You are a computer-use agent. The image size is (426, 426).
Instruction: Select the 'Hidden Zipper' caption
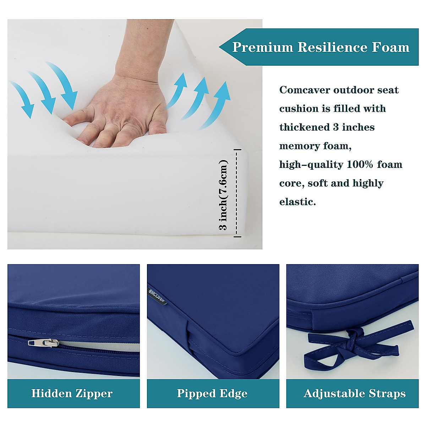pyautogui.click(x=72, y=393)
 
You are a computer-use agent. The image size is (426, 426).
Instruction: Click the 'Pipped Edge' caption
pyautogui.click(x=212, y=393)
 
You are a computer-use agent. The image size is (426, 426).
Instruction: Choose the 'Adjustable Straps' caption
pyautogui.click(x=354, y=393)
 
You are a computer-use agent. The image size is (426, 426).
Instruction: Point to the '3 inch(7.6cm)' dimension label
pyautogui.click(x=223, y=196)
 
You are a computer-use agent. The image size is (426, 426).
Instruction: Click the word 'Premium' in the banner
pyautogui.click(x=262, y=47)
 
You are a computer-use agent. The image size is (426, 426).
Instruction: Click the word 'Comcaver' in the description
pyautogui.click(x=304, y=90)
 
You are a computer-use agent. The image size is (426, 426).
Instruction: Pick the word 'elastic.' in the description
pyautogui.click(x=297, y=202)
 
